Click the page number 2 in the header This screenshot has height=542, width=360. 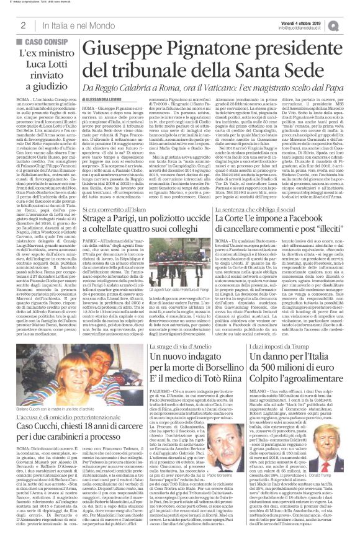click(x=22, y=25)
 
